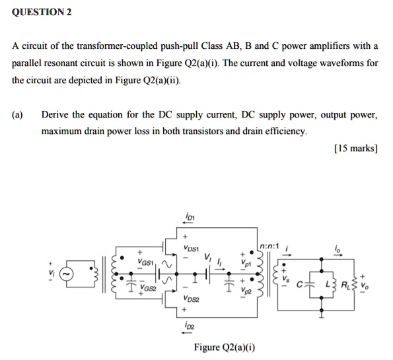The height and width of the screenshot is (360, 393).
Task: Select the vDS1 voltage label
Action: [194, 247]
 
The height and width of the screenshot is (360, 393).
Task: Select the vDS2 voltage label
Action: [194, 299]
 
